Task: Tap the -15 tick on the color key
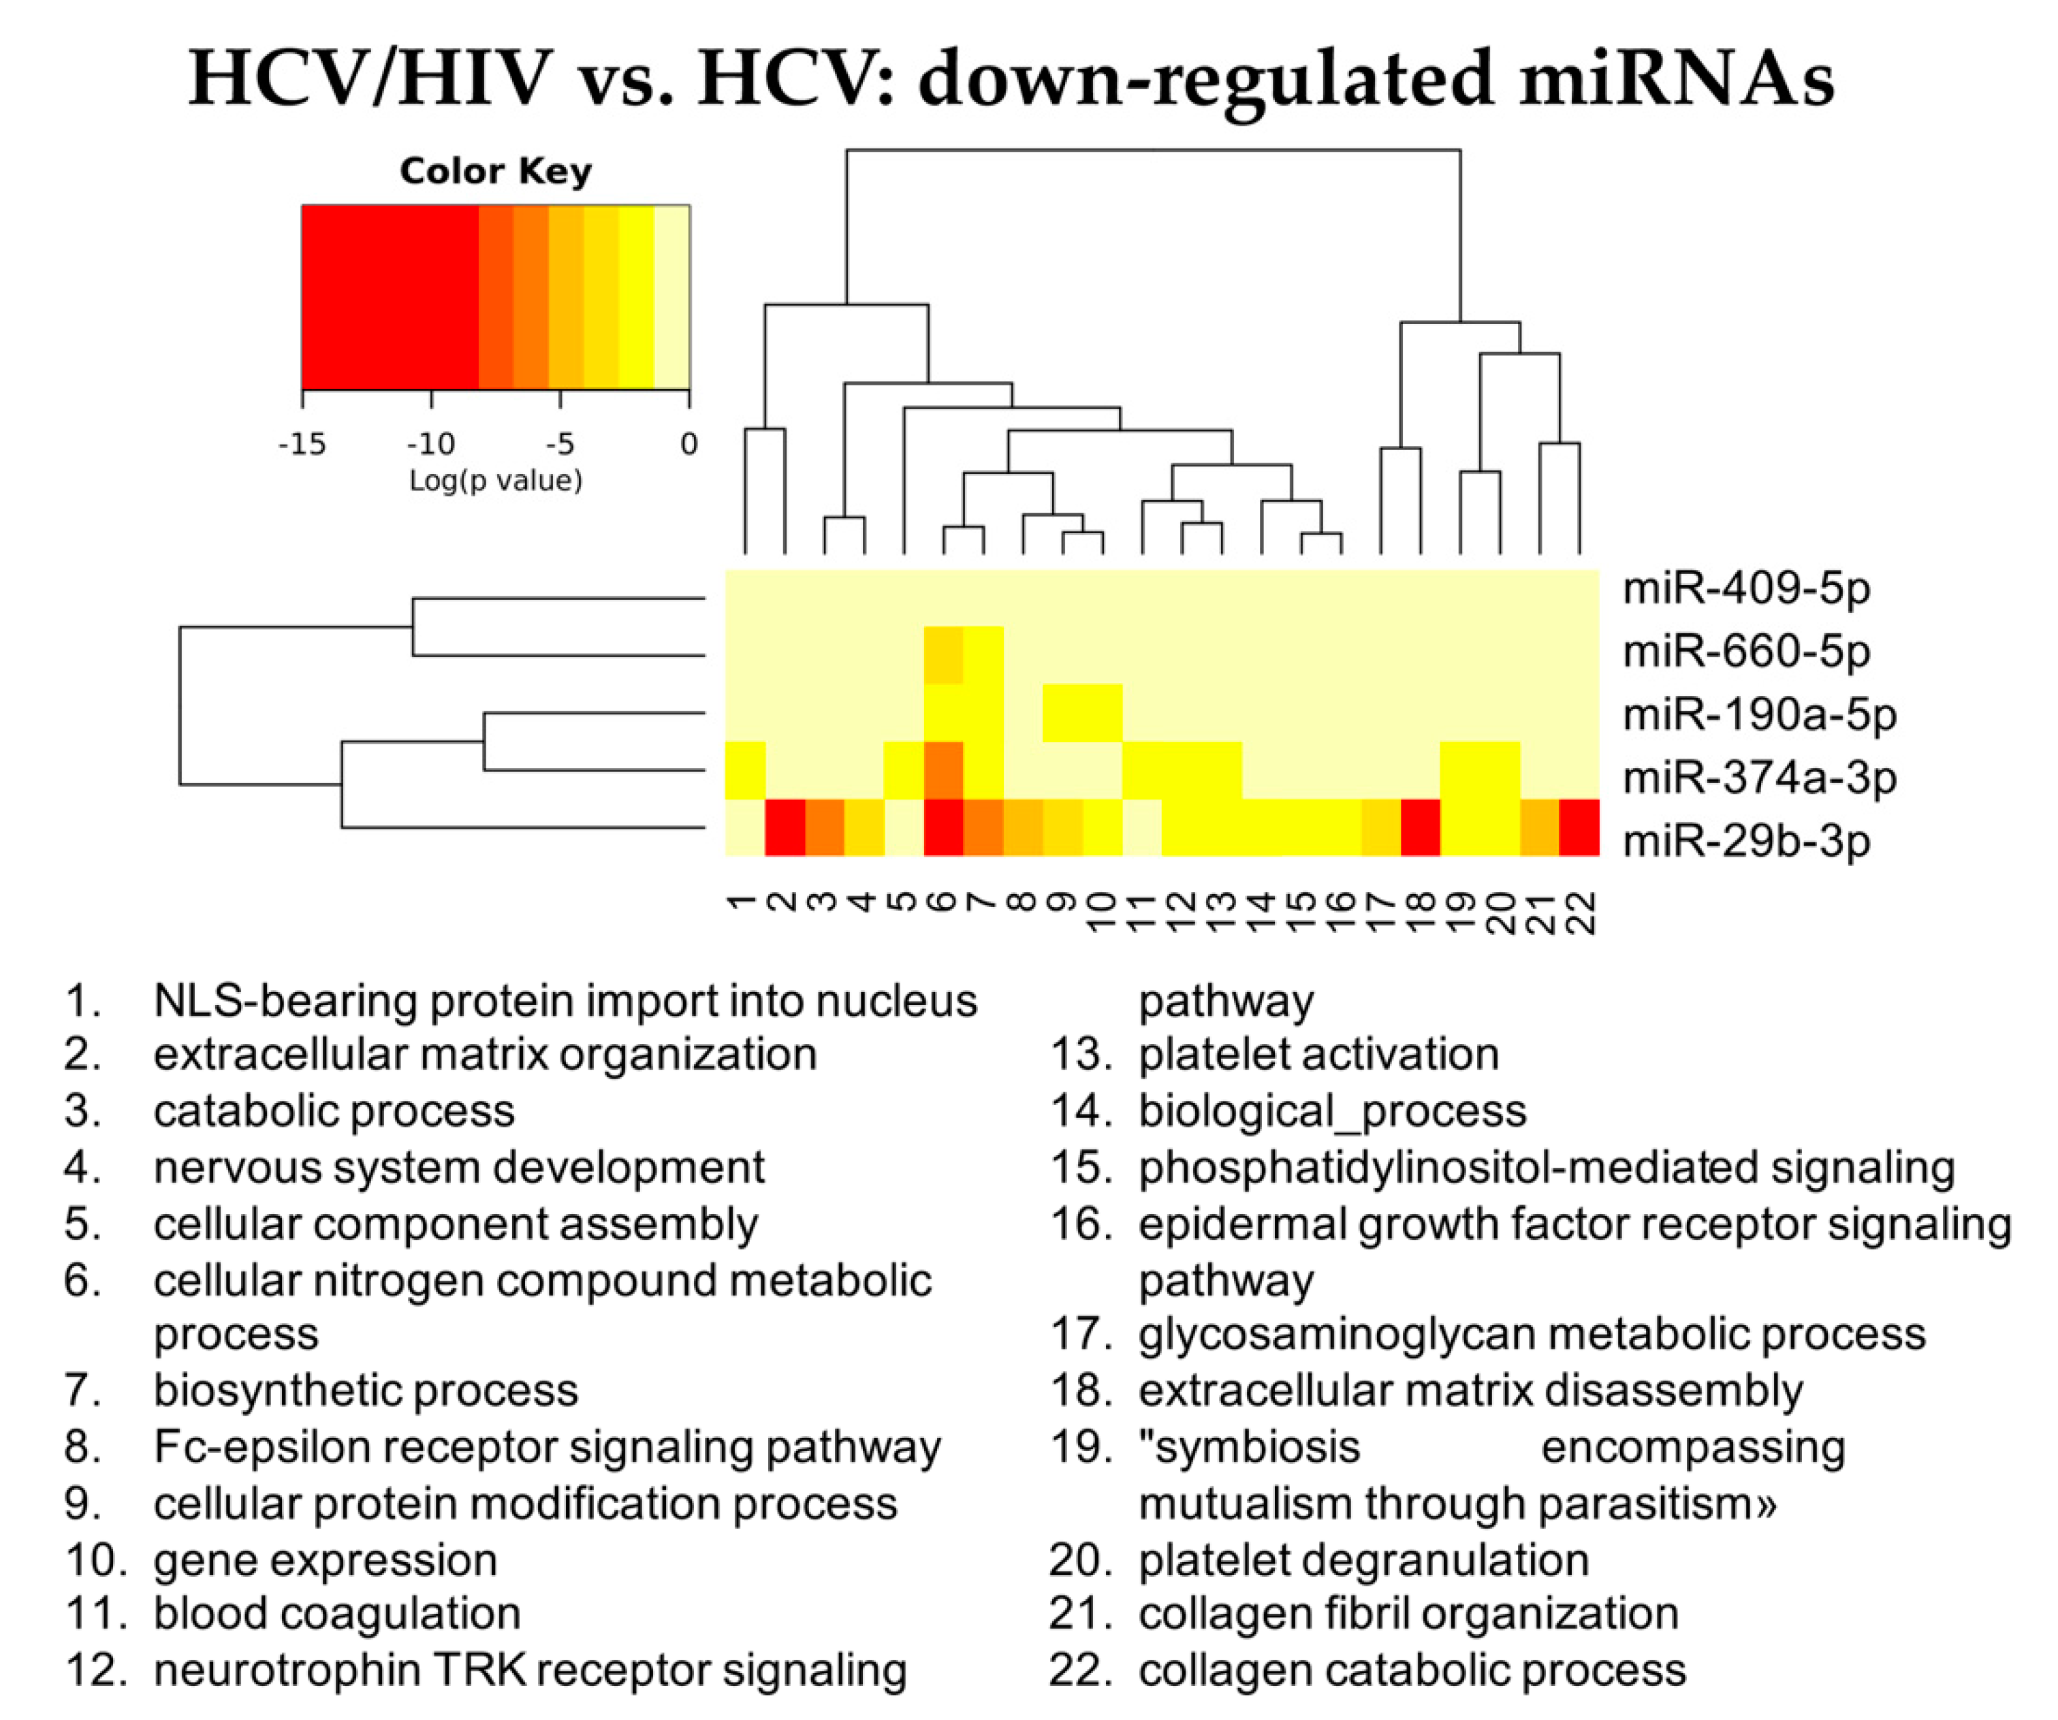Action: (x=302, y=444)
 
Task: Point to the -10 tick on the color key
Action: (x=431, y=444)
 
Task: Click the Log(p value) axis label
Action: (x=495, y=480)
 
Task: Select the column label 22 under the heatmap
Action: (x=1580, y=912)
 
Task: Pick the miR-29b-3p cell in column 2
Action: (x=785, y=828)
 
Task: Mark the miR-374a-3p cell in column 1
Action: (x=745, y=770)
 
